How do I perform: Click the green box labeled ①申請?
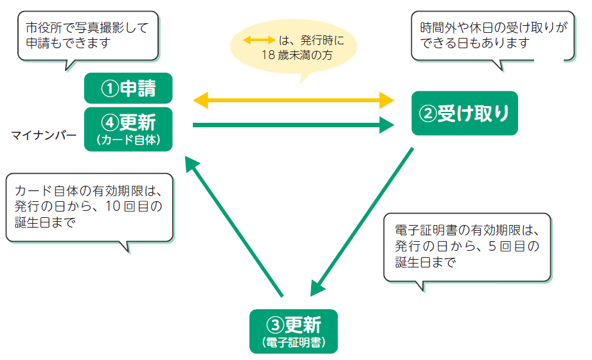129,88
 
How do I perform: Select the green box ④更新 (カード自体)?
129,129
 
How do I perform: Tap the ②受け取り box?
464,113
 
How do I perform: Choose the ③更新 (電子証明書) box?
294,331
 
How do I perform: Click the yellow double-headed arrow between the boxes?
294,100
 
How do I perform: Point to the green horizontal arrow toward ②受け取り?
294,125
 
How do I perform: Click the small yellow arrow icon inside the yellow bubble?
259,40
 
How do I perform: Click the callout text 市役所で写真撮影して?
87,28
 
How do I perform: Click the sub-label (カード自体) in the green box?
129,140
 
